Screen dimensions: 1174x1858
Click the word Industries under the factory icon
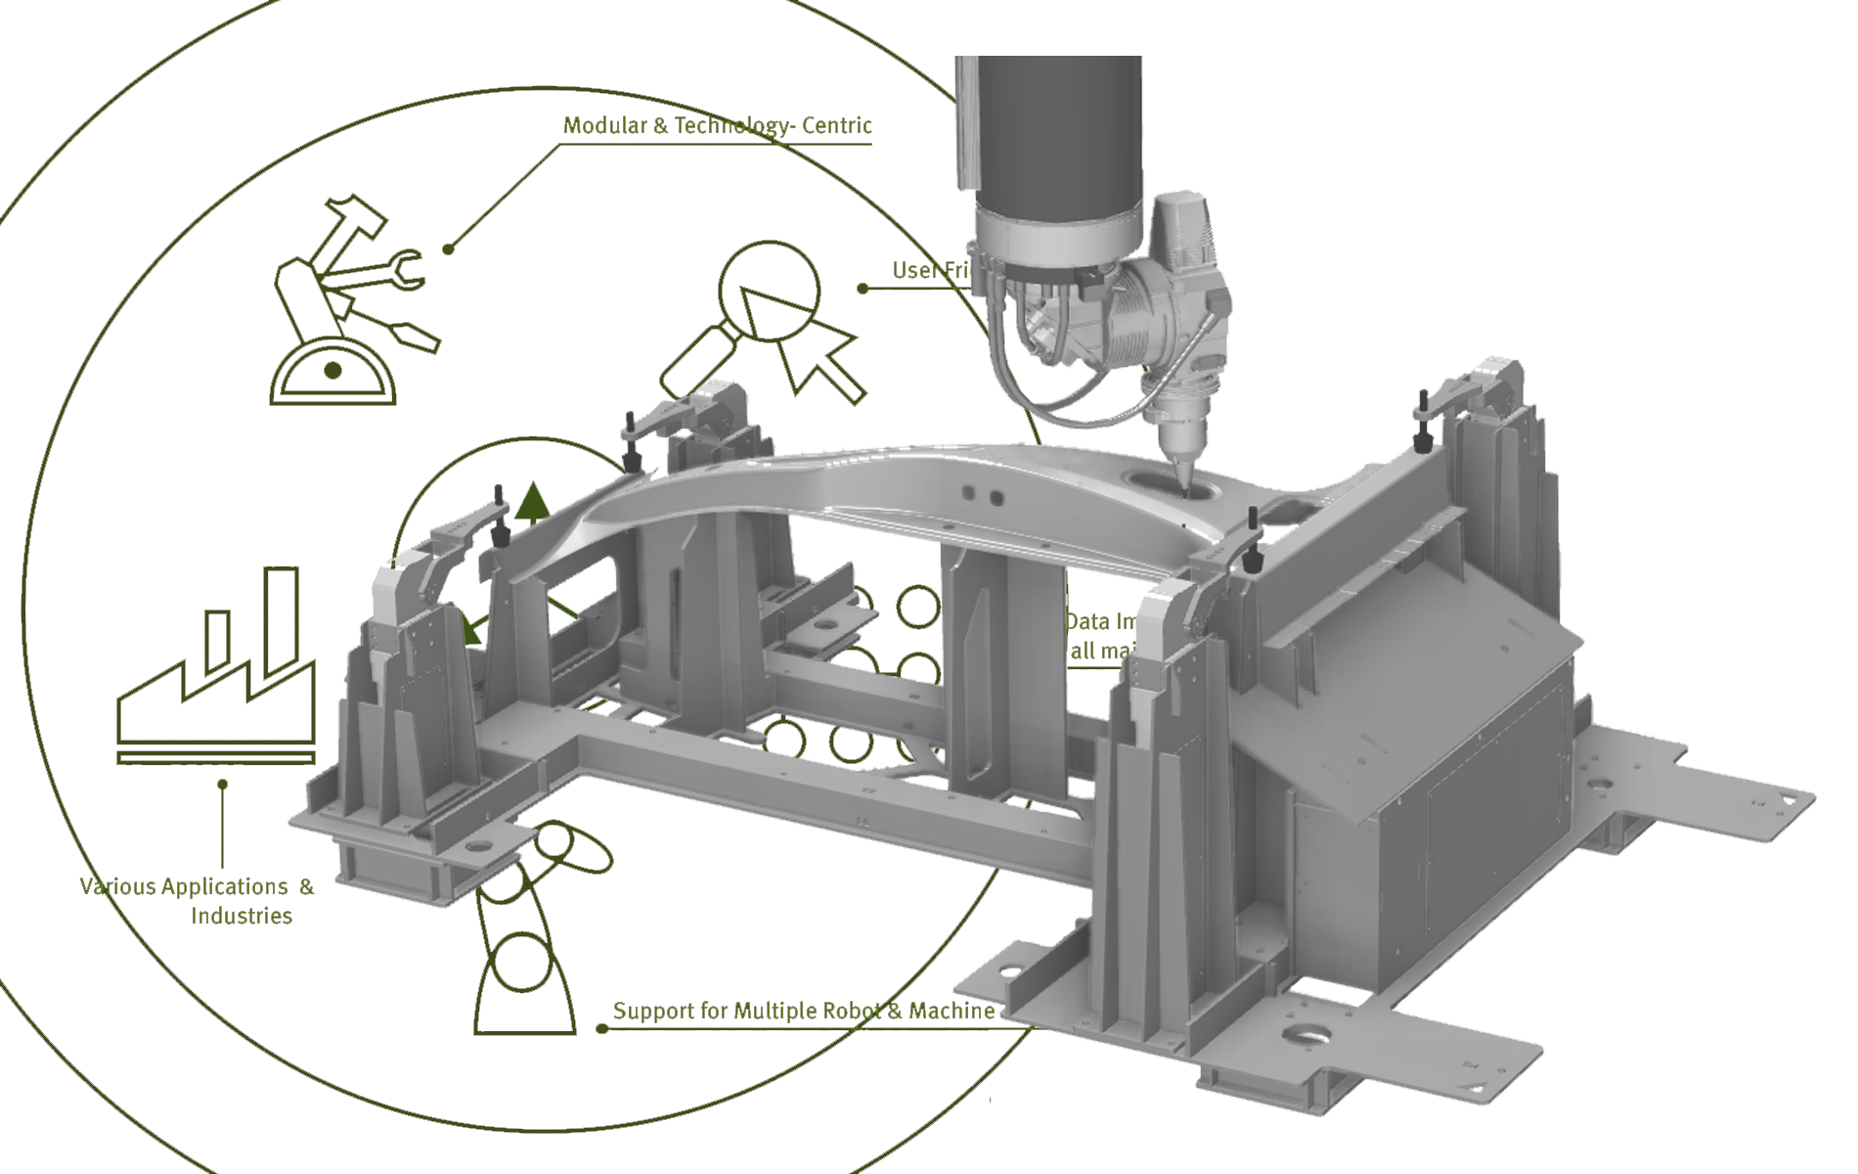242,916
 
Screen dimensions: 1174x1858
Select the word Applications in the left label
224,886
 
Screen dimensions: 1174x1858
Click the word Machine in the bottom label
951,1011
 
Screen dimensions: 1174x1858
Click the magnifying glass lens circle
770,291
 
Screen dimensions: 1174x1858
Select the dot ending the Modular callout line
447,248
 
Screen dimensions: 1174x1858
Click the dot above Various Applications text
223,784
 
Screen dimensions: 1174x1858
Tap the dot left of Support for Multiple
600,1028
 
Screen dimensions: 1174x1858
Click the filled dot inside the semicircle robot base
332,370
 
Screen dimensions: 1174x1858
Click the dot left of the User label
863,288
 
